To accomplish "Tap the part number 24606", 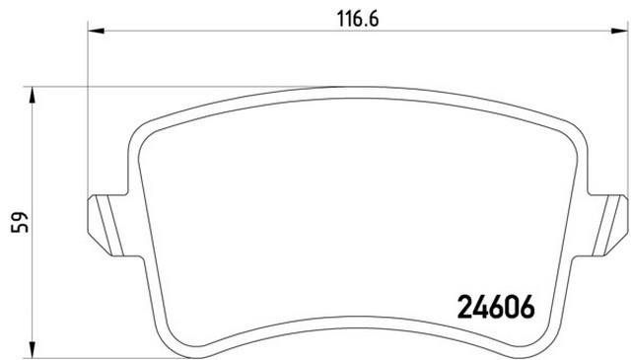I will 497,308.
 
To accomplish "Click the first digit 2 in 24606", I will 466,308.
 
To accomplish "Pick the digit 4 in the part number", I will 481,308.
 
